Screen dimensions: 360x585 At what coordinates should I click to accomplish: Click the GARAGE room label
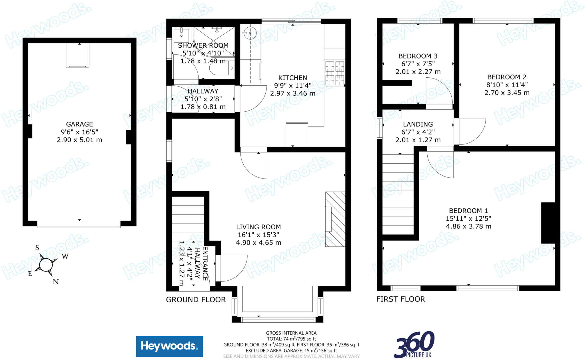(x=79, y=124)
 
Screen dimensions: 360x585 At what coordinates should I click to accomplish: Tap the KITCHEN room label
(x=292, y=78)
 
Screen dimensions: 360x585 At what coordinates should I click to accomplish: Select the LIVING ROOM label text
(x=258, y=227)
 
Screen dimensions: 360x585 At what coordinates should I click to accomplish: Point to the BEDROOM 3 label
(x=418, y=56)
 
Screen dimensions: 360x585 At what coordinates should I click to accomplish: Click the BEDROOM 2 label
(x=507, y=77)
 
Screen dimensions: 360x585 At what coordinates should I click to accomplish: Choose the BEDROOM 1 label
(x=468, y=211)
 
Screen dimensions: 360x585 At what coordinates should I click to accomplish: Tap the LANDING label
(x=418, y=124)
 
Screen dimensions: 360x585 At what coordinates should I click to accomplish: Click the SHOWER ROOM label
(x=203, y=45)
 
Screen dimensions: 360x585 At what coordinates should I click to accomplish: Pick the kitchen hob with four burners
(x=334, y=73)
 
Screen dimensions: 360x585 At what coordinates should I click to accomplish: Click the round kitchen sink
(x=250, y=33)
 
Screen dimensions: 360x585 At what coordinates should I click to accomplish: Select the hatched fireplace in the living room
(x=335, y=219)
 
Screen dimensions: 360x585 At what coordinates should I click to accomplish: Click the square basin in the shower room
(x=181, y=35)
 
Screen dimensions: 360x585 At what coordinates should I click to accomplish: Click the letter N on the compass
(x=56, y=282)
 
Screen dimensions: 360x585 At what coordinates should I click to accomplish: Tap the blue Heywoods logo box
(x=169, y=346)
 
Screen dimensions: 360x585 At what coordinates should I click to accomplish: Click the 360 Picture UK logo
(x=414, y=345)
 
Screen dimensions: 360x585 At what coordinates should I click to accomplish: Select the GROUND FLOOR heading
(x=196, y=299)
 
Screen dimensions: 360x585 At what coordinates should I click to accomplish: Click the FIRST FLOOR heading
(x=400, y=299)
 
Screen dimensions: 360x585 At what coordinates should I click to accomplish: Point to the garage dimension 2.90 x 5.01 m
(x=79, y=140)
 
